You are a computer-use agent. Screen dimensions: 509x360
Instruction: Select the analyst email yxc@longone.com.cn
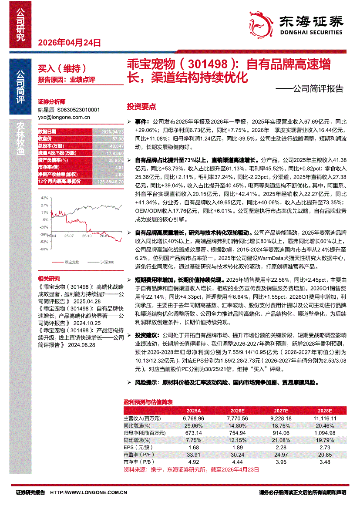tap(64, 117)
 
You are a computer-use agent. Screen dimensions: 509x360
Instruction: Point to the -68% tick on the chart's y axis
tap(44, 249)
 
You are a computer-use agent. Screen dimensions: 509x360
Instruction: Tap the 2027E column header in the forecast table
tap(281, 411)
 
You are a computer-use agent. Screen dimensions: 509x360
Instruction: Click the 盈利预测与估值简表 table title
tap(148, 402)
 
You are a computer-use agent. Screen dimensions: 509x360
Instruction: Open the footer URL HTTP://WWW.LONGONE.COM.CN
tap(89, 492)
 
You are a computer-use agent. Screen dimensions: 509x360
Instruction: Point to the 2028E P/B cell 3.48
tap(324, 462)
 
